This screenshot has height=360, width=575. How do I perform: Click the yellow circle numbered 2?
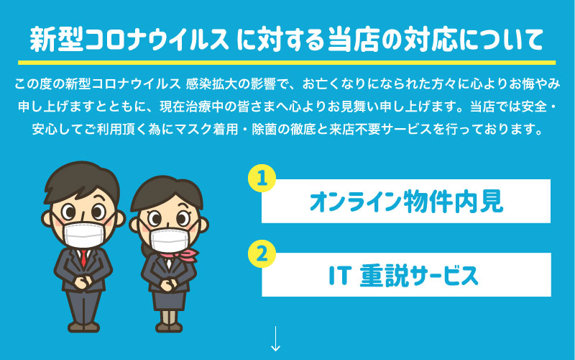262,254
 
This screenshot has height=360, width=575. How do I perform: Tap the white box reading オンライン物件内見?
406,201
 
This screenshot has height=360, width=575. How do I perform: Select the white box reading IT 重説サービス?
406,274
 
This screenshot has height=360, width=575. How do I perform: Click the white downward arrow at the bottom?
275,338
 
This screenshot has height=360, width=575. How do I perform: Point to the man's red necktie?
83,258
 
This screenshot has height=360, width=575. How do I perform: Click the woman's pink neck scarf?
180,255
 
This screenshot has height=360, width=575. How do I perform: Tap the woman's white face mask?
170,240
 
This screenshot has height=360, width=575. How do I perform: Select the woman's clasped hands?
169,285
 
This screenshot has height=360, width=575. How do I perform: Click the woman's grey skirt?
169,301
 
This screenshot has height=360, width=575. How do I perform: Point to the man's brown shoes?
83,327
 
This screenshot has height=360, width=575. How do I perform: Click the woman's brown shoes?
169,327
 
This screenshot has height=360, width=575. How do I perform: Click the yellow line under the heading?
287,63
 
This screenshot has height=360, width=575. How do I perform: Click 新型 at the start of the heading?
57,39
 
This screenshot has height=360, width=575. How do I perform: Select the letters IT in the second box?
341,276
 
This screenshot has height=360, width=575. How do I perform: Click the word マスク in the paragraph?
193,130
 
